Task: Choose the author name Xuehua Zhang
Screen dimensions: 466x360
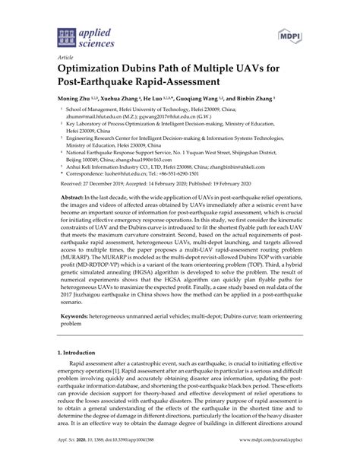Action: (123, 99)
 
